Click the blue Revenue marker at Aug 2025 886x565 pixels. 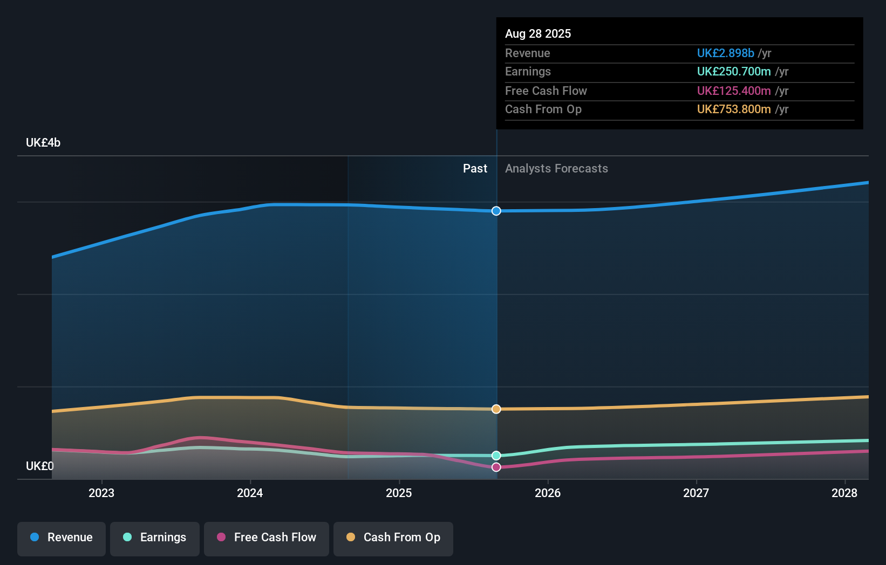tap(496, 211)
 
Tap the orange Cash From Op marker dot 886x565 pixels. tap(496, 409)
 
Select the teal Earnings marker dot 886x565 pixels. tap(496, 456)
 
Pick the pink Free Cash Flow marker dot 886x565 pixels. tap(496, 467)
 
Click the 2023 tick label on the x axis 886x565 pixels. tap(101, 493)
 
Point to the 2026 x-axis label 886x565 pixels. tap(548, 493)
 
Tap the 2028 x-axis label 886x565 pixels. tap(844, 493)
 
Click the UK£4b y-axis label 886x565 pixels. tap(43, 143)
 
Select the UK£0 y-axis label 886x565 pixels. tap(39, 466)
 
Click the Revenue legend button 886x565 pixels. tap(62, 538)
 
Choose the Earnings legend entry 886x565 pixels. tap(155, 538)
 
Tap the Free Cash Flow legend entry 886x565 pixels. tap(267, 538)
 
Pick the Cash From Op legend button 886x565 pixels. tap(393, 538)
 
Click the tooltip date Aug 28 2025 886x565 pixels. tap(538, 33)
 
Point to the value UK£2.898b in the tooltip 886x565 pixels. tap(725, 53)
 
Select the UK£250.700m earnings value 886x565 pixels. tap(734, 72)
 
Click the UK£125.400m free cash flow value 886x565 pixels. tap(734, 91)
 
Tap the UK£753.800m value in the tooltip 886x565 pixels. tap(734, 109)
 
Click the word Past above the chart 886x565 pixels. tap(475, 169)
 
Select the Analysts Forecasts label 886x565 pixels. tap(556, 169)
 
